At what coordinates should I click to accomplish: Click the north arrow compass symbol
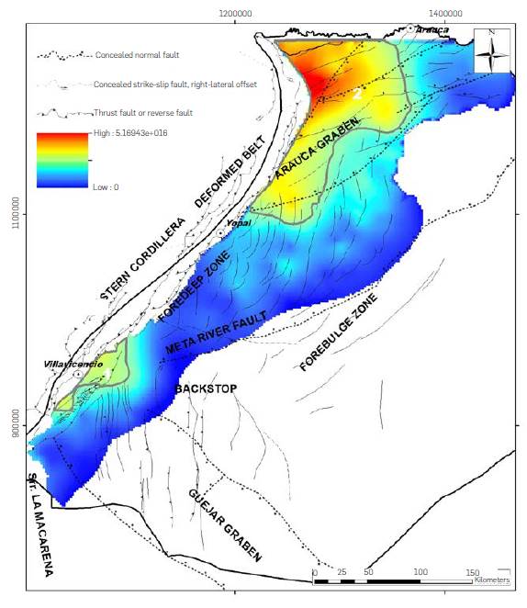[492, 52]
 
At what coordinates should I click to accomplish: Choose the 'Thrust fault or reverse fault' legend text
[145, 113]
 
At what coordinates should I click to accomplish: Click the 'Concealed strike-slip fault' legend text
[175, 84]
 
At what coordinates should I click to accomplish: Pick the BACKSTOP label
[205, 389]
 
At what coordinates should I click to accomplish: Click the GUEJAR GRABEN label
[230, 524]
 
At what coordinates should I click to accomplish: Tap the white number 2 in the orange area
[358, 93]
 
